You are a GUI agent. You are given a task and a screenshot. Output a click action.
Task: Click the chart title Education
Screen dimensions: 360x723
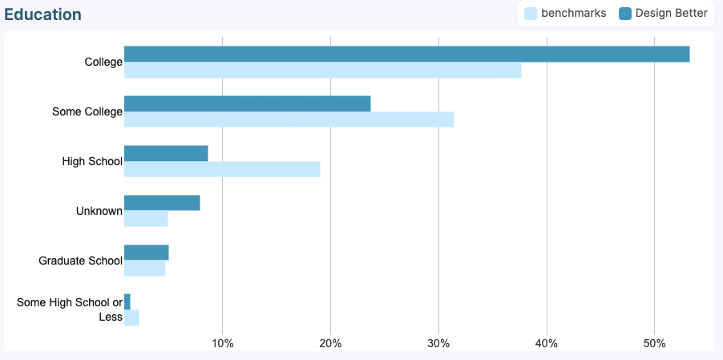click(x=42, y=14)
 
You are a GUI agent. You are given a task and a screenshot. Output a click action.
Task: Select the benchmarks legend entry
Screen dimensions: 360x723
click(x=565, y=13)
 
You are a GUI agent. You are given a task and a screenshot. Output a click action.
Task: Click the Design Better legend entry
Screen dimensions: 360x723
click(x=664, y=13)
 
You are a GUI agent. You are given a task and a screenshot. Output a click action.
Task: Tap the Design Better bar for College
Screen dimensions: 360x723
click(x=406, y=54)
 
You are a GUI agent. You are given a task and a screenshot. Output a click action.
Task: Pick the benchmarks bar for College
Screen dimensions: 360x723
click(x=322, y=71)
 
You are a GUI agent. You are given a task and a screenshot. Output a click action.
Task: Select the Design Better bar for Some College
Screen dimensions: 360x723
click(x=247, y=103)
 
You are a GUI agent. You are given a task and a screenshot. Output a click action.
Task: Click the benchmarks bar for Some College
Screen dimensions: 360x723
click(x=289, y=119)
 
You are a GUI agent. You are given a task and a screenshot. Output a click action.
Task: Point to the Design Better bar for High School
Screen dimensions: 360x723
click(x=166, y=153)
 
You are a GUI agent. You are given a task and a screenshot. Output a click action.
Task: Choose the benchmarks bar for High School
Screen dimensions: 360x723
click(x=222, y=169)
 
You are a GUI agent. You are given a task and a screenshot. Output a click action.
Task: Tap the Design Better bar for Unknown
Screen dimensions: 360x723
click(x=162, y=203)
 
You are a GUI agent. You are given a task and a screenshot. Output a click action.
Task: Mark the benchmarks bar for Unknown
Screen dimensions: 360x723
click(x=146, y=219)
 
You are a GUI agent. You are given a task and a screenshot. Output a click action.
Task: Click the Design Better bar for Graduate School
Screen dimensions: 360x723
click(x=146, y=253)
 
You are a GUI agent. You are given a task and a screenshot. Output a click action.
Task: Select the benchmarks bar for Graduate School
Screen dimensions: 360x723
click(x=144, y=269)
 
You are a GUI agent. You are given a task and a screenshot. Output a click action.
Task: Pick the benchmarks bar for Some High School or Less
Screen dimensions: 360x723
click(x=131, y=318)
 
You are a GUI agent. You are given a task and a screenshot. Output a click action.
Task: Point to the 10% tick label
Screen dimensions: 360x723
click(x=222, y=344)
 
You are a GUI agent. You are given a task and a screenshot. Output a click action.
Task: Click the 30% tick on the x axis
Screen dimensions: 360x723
click(x=438, y=344)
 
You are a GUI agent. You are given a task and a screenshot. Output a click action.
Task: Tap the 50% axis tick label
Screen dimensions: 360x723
click(x=655, y=344)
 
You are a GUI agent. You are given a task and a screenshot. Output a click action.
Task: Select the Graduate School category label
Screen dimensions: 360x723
click(x=80, y=261)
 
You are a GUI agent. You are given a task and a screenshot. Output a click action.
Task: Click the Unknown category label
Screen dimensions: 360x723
click(x=99, y=211)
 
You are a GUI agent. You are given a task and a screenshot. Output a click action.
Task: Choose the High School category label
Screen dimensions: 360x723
click(x=92, y=161)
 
